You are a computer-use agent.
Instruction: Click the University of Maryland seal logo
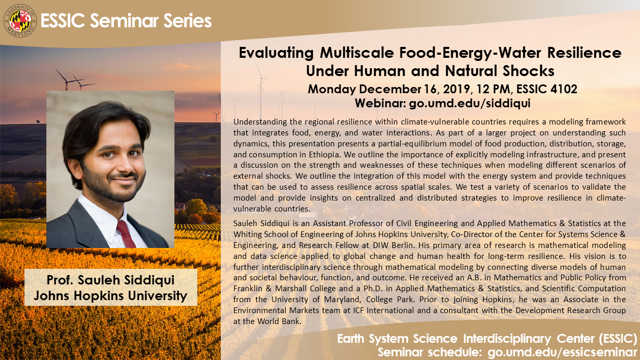pyautogui.click(x=20, y=20)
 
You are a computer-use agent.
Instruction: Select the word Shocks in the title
pyautogui.click(x=527, y=69)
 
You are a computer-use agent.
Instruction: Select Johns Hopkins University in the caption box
pyautogui.click(x=110, y=296)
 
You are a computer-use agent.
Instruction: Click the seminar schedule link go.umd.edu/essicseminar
pyautogui.click(x=562, y=352)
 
